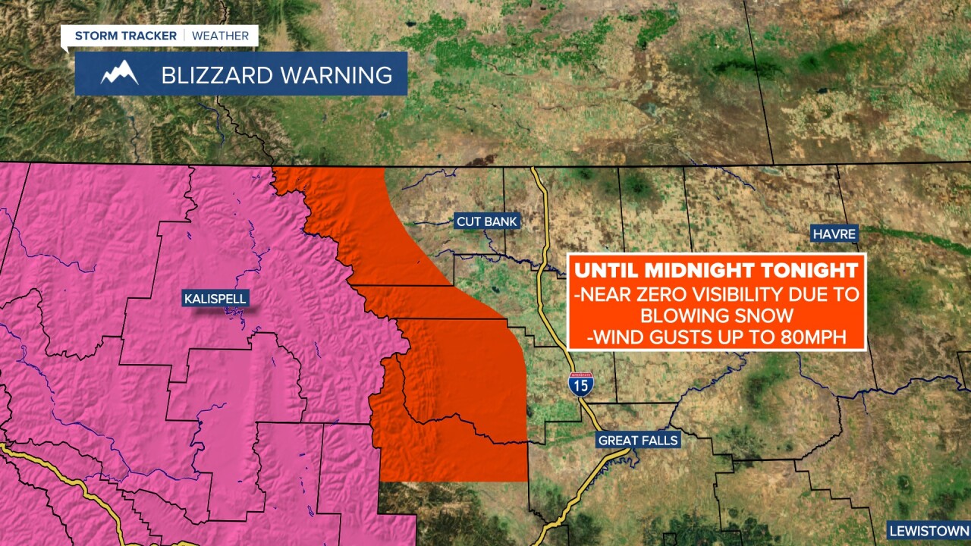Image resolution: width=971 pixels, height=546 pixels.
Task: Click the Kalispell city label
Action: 215,299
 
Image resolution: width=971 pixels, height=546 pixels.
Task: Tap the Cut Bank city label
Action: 486,221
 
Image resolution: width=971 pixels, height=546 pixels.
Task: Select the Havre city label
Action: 834,234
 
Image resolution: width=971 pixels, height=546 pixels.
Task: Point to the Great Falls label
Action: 638,440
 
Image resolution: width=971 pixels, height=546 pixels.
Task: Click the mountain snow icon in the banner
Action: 119,74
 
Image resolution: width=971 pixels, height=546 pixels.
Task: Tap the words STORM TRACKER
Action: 125,36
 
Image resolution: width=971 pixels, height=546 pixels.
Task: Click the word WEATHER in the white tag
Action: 220,36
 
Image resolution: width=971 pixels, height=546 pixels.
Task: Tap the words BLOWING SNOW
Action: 717,315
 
